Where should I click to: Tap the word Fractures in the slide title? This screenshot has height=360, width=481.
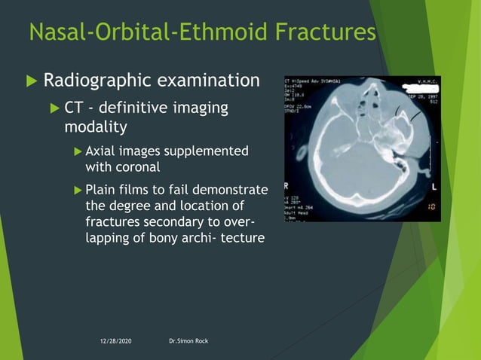329,32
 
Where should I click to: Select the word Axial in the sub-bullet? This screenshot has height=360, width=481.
101,151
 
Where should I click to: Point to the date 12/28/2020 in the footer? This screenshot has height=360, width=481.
120,342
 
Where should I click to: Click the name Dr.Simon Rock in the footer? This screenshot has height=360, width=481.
189,342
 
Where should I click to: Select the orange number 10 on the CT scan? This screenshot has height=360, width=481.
430,206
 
